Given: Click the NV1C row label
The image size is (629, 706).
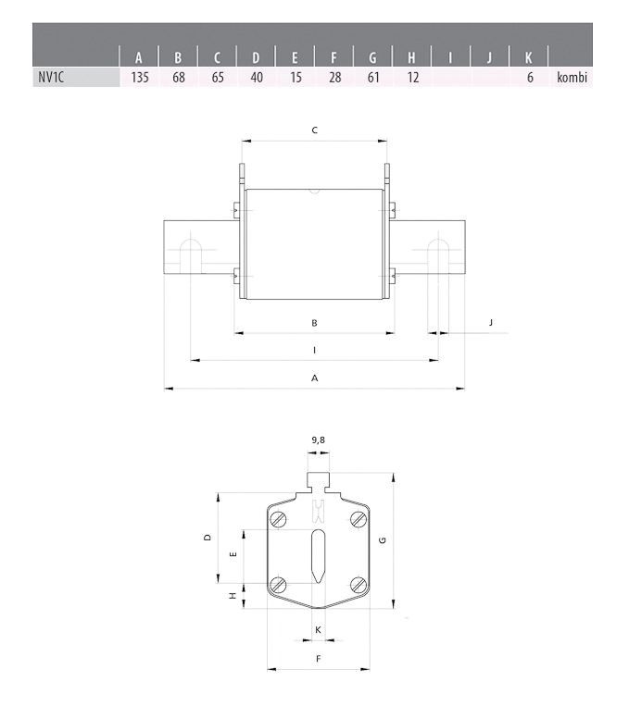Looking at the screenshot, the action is coord(51,78).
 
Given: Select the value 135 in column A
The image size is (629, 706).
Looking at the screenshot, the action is coord(140,78).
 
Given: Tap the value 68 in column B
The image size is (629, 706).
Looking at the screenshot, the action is coord(179,78).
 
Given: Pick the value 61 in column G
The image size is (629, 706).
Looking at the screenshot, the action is coord(373,78).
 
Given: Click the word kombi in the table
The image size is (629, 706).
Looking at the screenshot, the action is coord(572,78).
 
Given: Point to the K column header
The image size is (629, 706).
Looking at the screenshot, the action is coord(528,57).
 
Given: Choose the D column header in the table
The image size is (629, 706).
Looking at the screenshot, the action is coord(256,57).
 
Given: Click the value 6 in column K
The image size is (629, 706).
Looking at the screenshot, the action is coord(530,78).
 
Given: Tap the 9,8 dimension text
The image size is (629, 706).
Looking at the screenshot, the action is coord(319,440).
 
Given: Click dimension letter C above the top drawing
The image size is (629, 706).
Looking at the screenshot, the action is coord(315,130).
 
